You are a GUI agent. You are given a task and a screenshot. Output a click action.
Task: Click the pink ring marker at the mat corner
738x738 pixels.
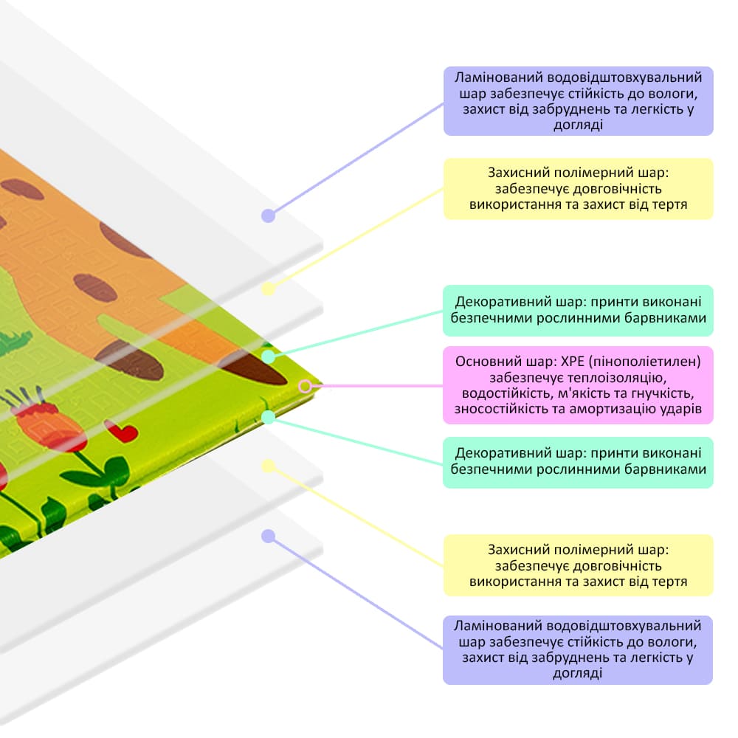[305, 387]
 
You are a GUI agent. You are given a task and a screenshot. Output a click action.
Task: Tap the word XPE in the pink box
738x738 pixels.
[573, 362]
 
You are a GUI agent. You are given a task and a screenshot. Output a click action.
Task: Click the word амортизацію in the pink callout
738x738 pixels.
[617, 409]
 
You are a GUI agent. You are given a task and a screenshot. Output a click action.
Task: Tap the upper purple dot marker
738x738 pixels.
[269, 215]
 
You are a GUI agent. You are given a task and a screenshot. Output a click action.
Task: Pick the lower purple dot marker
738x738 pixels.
[269, 536]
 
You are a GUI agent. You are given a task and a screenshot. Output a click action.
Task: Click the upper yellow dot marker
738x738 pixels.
[269, 289]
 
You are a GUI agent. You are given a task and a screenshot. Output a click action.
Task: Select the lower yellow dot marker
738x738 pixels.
[269, 466]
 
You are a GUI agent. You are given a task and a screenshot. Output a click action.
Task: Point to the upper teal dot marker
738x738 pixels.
[269, 356]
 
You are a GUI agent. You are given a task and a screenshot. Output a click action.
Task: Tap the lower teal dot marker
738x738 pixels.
[269, 417]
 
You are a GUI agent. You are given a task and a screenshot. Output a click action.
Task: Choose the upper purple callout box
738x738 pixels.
[579, 101]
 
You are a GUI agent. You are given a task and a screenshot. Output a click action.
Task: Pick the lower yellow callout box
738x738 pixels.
[579, 565]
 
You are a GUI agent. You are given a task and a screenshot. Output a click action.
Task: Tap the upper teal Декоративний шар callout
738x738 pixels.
[578, 311]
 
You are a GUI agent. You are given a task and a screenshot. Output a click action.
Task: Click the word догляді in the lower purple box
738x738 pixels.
[578, 674]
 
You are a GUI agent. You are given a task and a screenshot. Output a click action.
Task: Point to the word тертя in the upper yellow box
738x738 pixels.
[670, 204]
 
